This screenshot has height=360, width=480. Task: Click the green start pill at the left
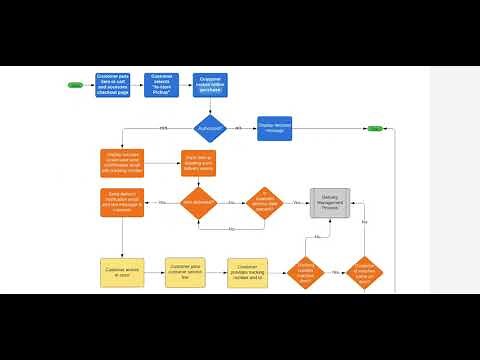(75, 85)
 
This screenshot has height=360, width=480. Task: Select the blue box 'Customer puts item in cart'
(112, 85)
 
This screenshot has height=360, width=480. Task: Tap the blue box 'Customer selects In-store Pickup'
(161, 85)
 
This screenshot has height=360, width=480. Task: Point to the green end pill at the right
(374, 128)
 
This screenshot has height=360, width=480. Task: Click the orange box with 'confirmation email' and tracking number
(121, 163)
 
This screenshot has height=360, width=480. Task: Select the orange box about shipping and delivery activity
(198, 163)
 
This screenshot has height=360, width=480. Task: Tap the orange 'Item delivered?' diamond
(198, 203)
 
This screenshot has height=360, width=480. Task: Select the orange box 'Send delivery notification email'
(121, 202)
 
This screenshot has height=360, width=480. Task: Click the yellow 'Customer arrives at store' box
(121, 273)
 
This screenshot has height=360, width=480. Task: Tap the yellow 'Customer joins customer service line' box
(185, 273)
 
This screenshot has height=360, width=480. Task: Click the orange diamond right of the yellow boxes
(305, 273)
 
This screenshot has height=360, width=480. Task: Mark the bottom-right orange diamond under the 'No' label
(364, 273)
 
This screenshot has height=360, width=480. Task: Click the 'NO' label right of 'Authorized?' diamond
(238, 128)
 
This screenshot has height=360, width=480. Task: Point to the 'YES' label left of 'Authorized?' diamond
(163, 128)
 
